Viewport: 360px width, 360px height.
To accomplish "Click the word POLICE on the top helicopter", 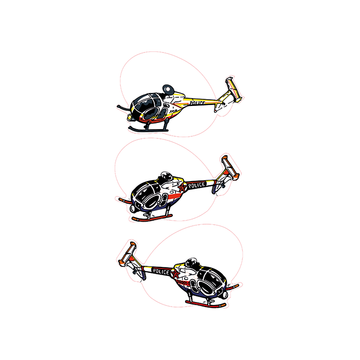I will (196, 103).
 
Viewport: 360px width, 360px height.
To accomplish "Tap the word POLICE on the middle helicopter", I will (196, 185).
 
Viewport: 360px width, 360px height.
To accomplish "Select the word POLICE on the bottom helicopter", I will (161, 271).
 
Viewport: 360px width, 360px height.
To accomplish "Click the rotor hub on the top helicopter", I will (167, 89).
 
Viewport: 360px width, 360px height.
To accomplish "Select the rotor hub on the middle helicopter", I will (166, 175).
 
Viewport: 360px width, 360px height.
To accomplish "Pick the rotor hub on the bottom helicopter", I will (191, 261).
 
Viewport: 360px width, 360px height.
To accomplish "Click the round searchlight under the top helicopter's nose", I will (129, 118).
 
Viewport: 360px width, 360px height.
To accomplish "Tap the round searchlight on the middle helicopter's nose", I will (133, 209).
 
